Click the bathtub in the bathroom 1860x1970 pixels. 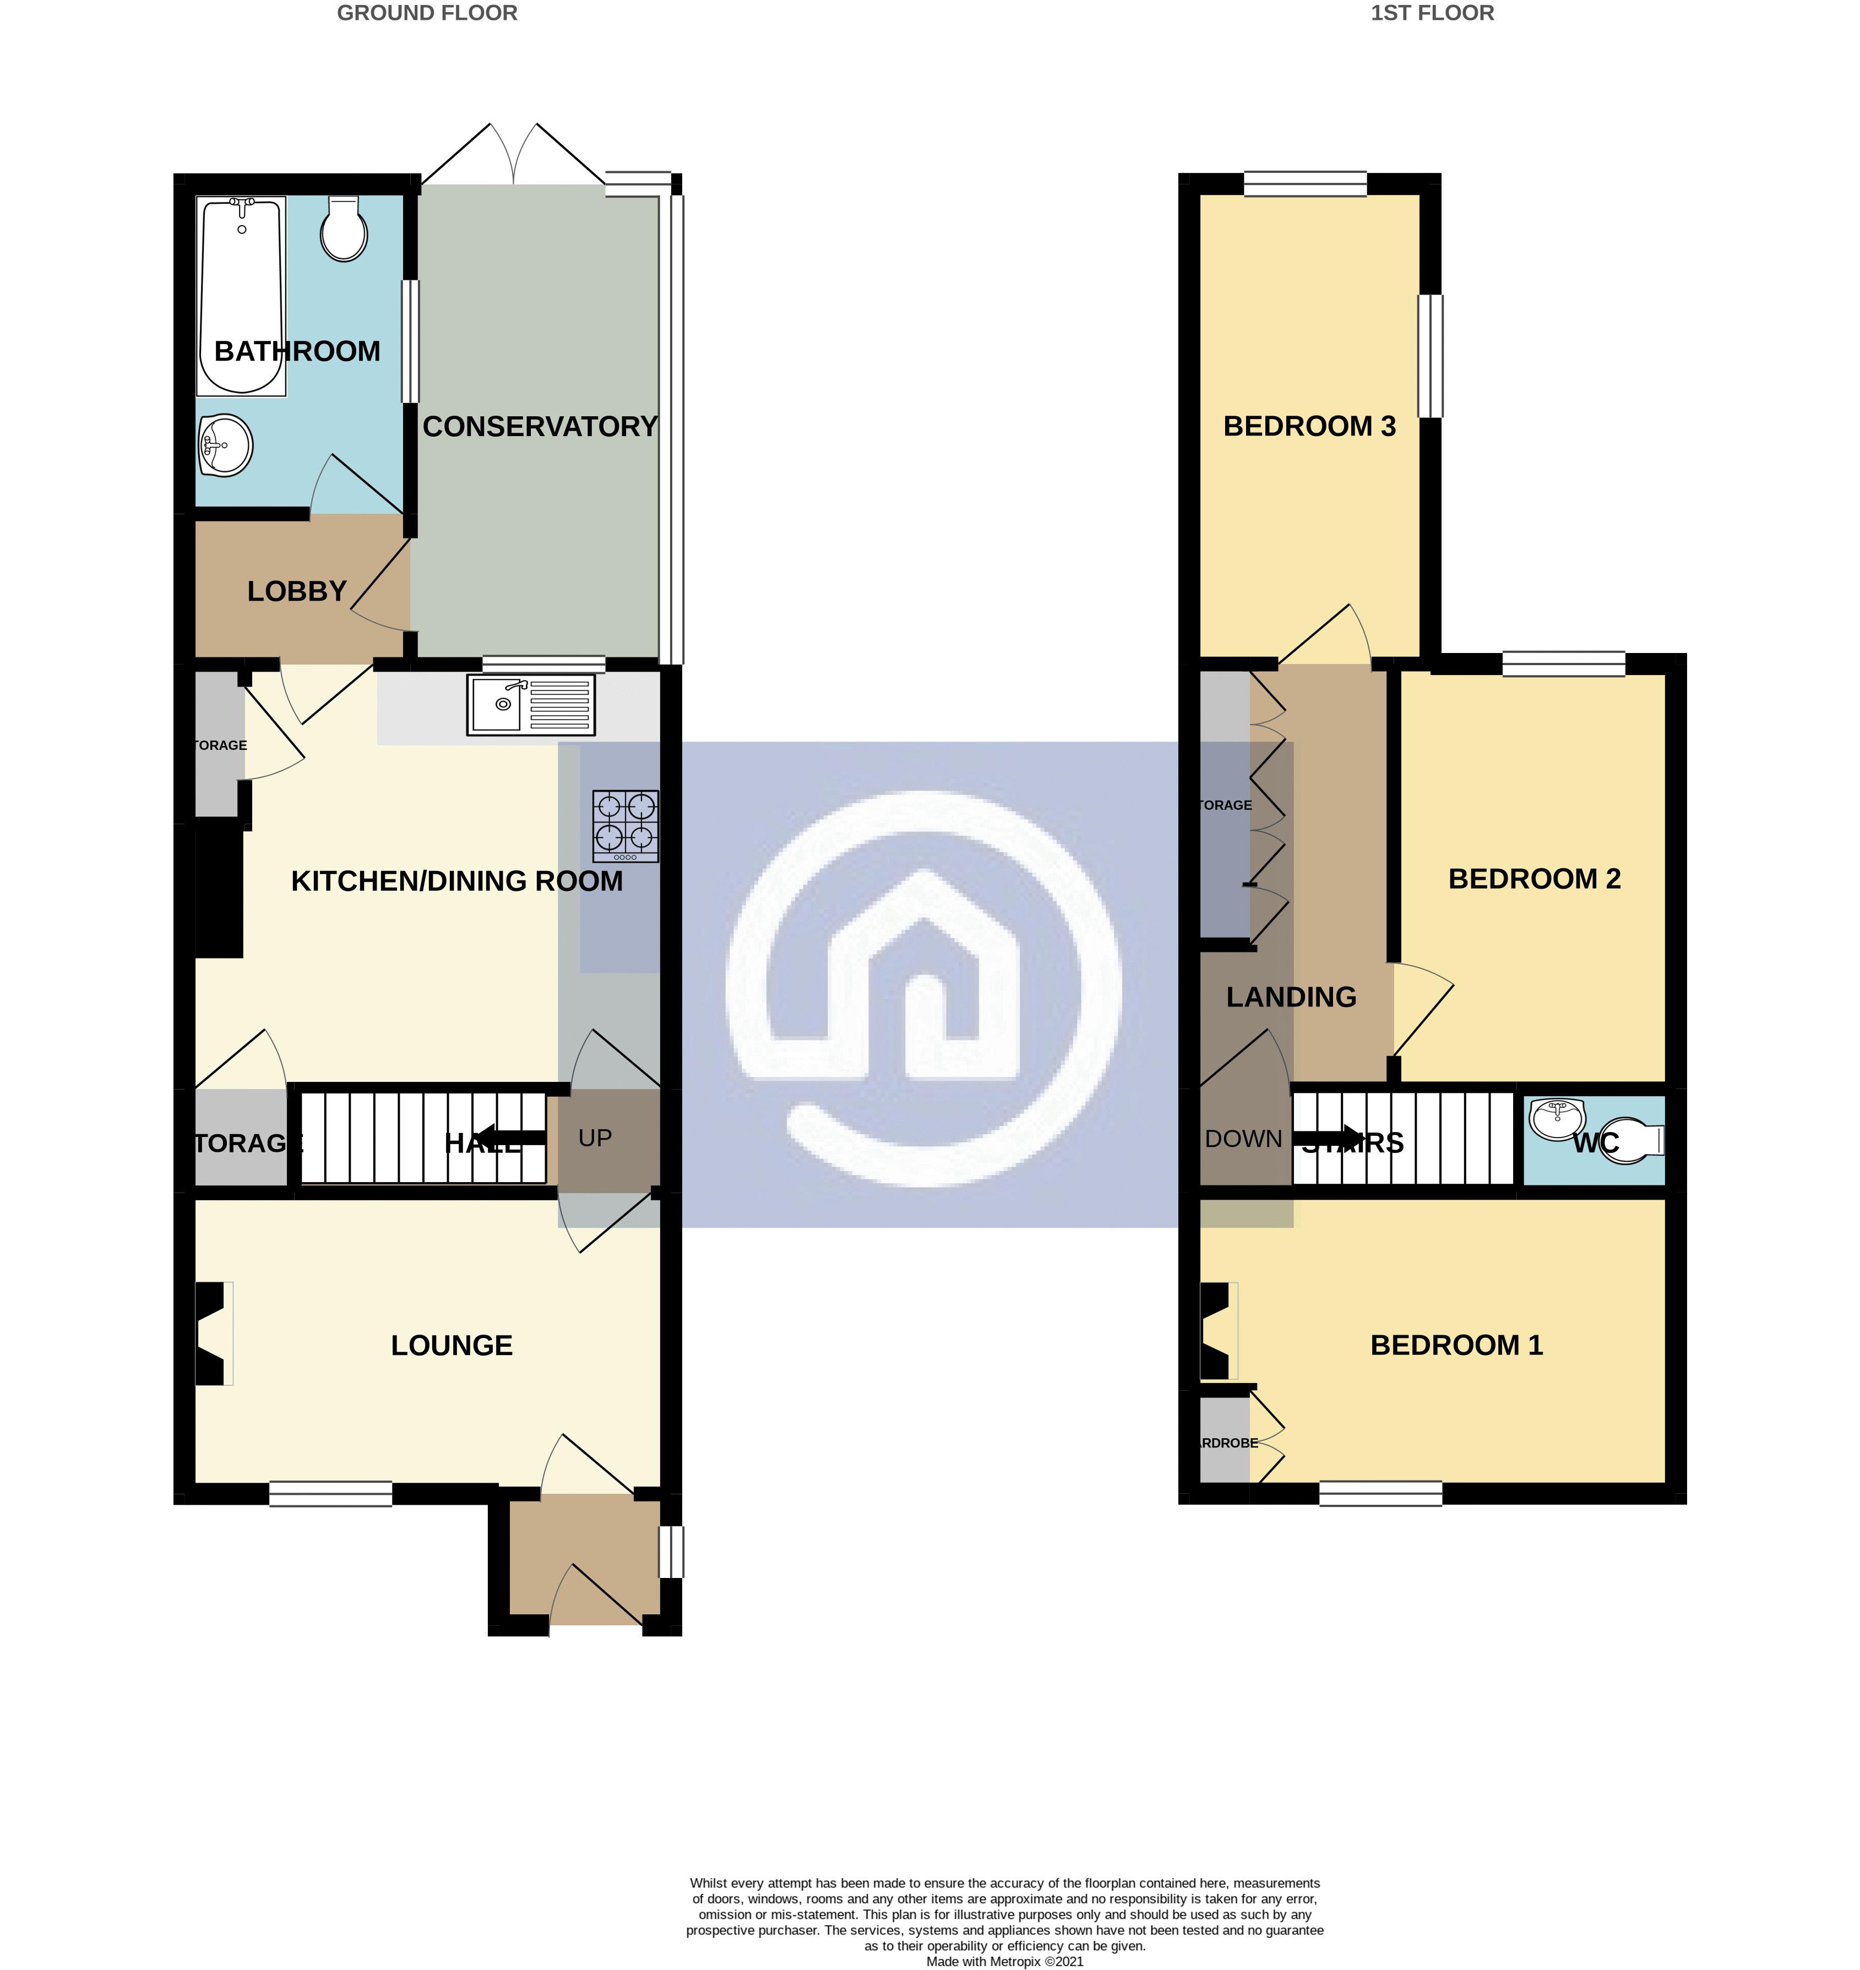coord(242,296)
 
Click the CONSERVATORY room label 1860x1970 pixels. coord(540,426)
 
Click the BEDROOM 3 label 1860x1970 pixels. coord(1309,426)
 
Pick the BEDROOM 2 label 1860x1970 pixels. coord(1534,878)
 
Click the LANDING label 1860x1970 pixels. coord(1291,997)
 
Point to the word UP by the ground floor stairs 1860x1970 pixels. coord(595,1138)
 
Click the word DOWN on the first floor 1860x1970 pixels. coord(1243,1139)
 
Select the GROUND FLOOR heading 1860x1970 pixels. coord(427,13)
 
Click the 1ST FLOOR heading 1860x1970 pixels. coord(1432,13)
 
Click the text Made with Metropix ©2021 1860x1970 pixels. coord(1004,1961)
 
